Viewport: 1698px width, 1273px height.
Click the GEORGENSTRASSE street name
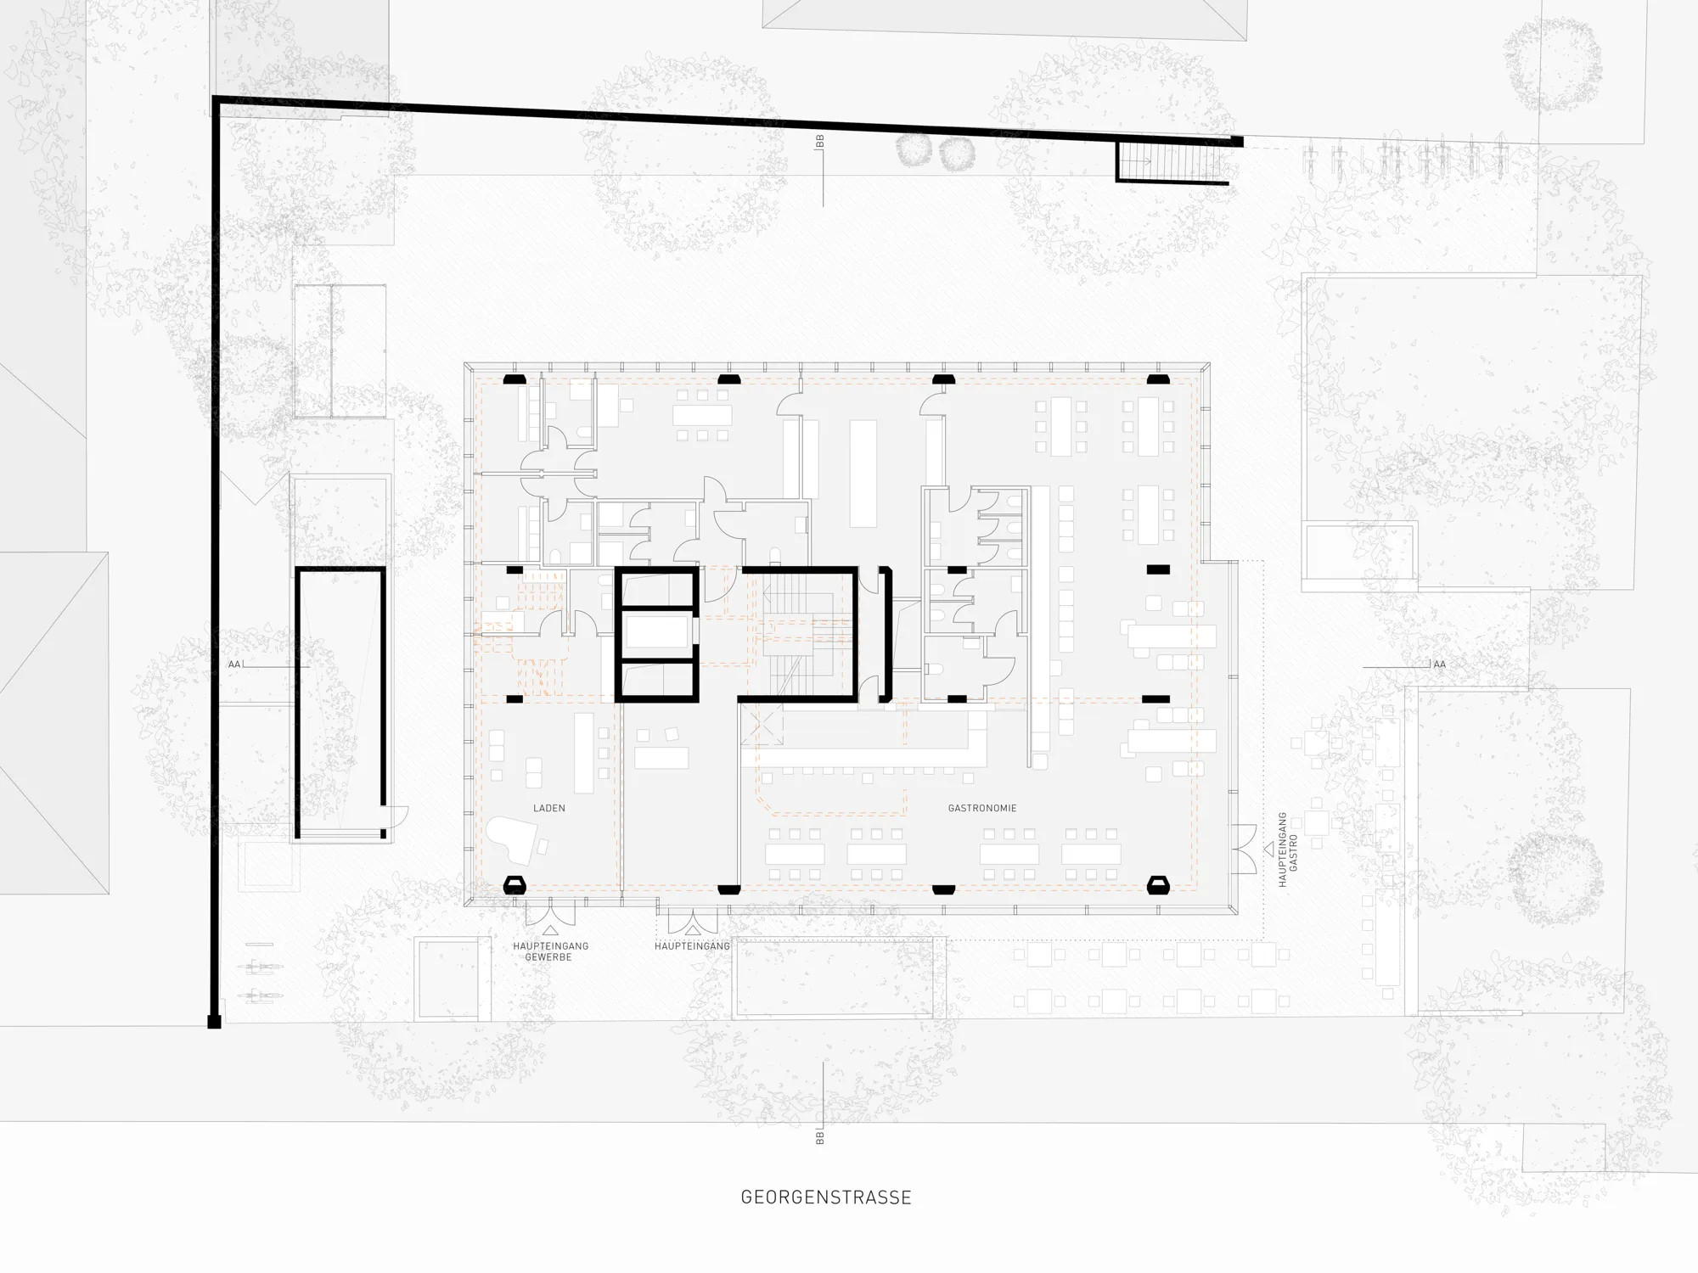coord(826,1197)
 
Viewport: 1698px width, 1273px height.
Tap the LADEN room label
coord(549,808)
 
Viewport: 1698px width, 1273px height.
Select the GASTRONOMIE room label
coord(982,808)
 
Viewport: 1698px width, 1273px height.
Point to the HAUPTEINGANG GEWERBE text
coord(549,951)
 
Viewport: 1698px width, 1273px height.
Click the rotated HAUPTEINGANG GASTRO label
coord(1288,850)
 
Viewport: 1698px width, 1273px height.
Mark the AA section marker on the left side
coord(234,665)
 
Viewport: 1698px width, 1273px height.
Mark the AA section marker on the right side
coord(1439,665)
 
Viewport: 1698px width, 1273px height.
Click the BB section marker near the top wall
coord(819,142)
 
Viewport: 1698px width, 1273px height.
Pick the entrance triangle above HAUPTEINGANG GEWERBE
coord(549,932)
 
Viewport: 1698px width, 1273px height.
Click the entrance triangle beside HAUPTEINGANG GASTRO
coord(1269,847)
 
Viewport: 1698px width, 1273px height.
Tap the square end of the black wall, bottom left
coord(215,1022)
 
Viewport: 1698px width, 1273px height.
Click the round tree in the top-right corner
coord(1553,64)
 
